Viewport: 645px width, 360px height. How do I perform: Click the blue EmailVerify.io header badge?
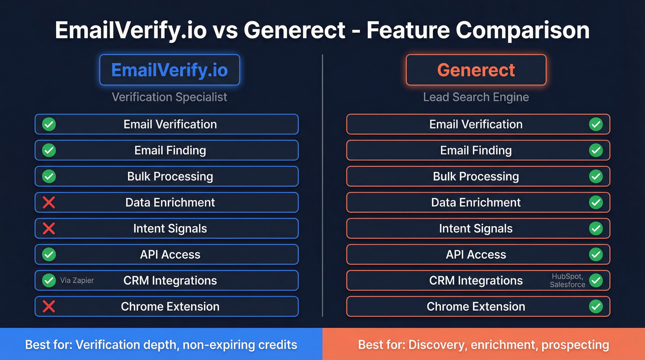click(x=170, y=70)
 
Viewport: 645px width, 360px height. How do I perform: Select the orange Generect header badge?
click(x=476, y=70)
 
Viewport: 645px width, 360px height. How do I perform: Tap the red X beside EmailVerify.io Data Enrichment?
click(x=49, y=202)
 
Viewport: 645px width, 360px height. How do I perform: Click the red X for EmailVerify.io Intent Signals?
click(x=49, y=228)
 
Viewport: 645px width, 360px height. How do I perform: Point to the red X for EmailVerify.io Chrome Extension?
click(x=49, y=307)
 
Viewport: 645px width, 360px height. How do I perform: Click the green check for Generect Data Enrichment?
click(x=596, y=202)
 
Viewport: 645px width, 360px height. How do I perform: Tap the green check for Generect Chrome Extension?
click(x=596, y=307)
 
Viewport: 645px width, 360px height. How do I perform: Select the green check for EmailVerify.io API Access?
click(x=49, y=254)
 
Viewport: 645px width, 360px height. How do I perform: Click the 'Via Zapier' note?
click(x=77, y=280)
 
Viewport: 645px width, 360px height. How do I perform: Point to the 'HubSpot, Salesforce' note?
click(x=568, y=280)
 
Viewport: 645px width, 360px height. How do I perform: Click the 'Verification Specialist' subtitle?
click(x=170, y=97)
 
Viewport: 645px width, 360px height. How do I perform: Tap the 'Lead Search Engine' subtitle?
click(x=476, y=97)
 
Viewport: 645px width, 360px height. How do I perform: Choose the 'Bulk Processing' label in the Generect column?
click(x=476, y=176)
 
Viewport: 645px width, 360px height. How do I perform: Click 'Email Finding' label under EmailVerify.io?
click(x=170, y=150)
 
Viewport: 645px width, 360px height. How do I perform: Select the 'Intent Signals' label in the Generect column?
click(x=476, y=228)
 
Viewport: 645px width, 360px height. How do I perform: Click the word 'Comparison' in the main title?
click(x=523, y=30)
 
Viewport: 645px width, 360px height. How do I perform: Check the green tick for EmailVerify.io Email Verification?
click(x=49, y=124)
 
